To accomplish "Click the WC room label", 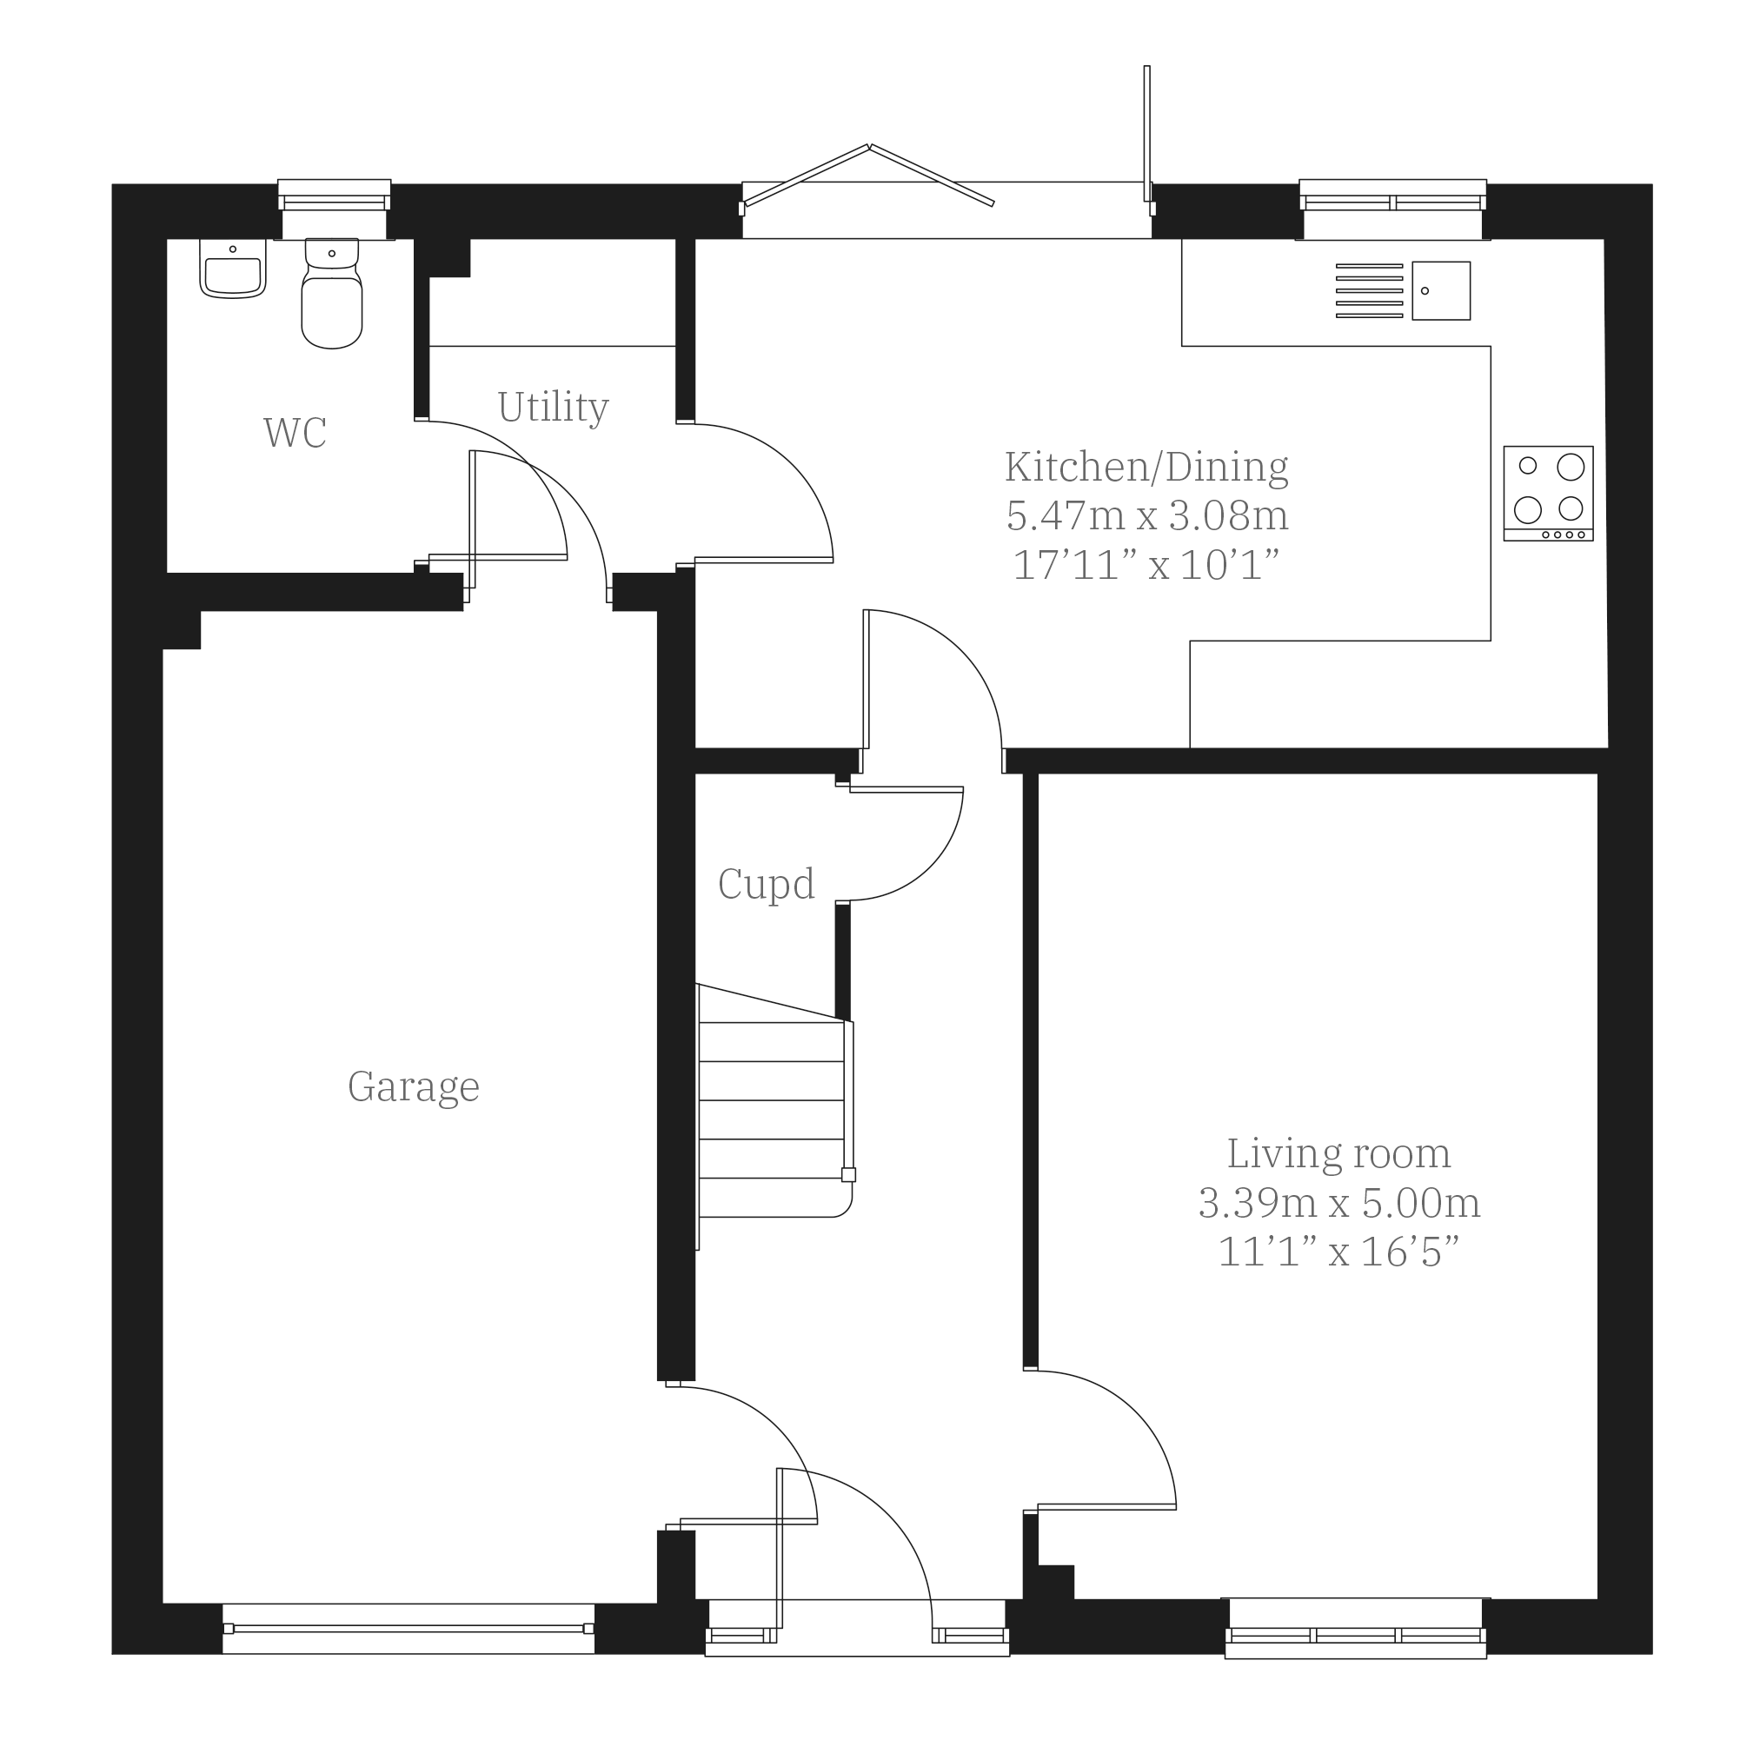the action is click(x=296, y=433).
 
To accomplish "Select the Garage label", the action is click(x=414, y=1086).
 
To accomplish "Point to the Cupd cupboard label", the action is click(x=766, y=884).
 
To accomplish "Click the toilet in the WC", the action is click(x=332, y=294).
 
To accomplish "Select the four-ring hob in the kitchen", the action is click(x=1549, y=493).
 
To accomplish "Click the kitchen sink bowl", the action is click(x=1441, y=290).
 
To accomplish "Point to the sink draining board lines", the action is click(x=1369, y=290).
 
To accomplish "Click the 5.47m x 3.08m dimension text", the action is click(x=1147, y=515).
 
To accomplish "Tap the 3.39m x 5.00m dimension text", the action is click(x=1339, y=1204).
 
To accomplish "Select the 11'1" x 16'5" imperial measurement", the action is click(x=1339, y=1252).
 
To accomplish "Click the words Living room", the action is click(x=1339, y=1154).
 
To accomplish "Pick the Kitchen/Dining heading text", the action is click(x=1147, y=467).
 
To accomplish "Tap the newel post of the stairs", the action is click(x=848, y=1174).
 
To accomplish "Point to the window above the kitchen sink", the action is click(x=1393, y=209).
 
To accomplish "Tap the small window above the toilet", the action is click(x=335, y=209).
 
